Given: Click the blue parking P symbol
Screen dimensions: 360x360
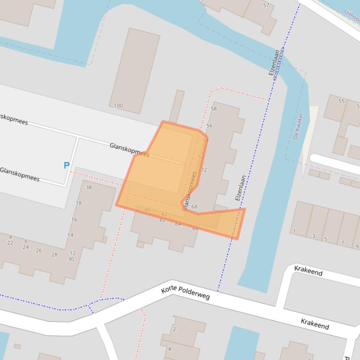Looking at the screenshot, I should pyautogui.click(x=66, y=166).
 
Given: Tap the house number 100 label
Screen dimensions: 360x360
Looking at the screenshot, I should pyautogui.click(x=118, y=106).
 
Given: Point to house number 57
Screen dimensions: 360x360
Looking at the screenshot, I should pyautogui.click(x=266, y=6).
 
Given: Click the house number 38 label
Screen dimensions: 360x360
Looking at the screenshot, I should pyautogui.click(x=89, y=187).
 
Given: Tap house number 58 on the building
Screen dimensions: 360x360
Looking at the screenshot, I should pyautogui.click(x=214, y=109).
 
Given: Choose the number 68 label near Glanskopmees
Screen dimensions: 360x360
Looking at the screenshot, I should pyautogui.click(x=194, y=207).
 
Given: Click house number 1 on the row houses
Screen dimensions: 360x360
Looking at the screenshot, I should pyautogui.click(x=294, y=231).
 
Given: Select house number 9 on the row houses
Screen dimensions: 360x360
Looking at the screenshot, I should pyautogui.click(x=357, y=247).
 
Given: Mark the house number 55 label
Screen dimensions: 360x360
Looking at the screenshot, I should pyautogui.click(x=341, y=101).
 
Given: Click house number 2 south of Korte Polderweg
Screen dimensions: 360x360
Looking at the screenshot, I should pyautogui.click(x=174, y=329).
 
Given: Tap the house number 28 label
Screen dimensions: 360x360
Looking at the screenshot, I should pyautogui.click(x=54, y=255).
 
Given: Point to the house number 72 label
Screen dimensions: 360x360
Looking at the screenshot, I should pyautogui.click(x=204, y=170).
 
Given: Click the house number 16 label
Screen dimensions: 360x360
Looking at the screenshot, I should pyautogui.click(x=74, y=220).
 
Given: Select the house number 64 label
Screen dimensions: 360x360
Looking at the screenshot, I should pyautogui.click(x=178, y=224).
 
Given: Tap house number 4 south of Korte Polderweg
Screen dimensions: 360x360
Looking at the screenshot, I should pyautogui.click(x=169, y=349).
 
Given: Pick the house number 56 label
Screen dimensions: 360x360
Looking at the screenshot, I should pyautogui.click(x=209, y=126).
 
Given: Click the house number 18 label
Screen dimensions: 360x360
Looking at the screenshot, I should pyautogui.click(x=79, y=203).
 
